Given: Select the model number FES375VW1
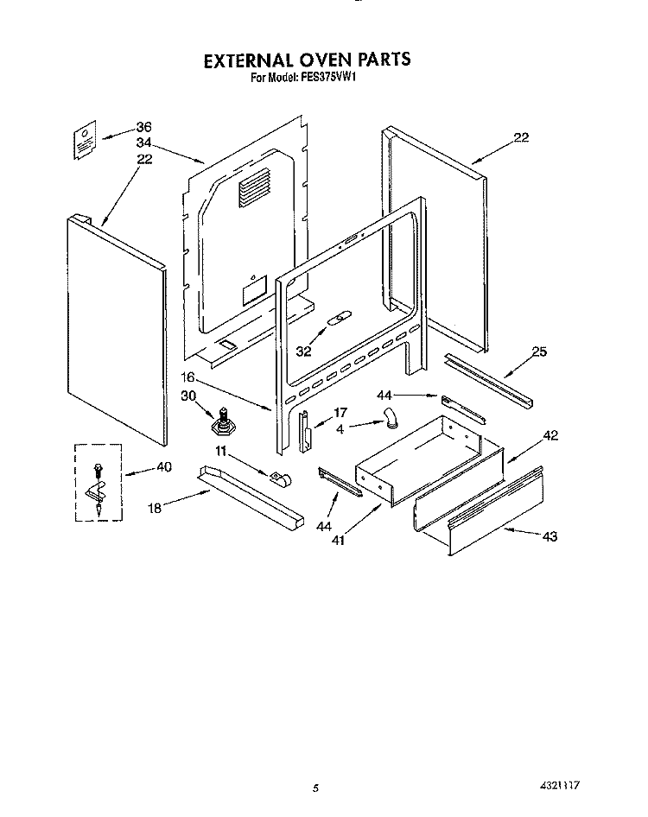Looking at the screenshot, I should (332, 78).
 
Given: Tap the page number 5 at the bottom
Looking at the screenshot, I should (317, 788).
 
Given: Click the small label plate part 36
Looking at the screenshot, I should (82, 141).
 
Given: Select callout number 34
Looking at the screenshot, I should (143, 142).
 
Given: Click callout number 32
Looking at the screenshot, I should (303, 351).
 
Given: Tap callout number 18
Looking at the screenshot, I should (155, 509).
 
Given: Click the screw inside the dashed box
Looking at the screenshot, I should (97, 470).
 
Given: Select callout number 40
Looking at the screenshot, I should (164, 467).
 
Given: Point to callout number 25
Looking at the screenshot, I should (539, 351).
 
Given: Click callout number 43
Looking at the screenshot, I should (550, 536).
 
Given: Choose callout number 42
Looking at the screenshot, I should (550, 436).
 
